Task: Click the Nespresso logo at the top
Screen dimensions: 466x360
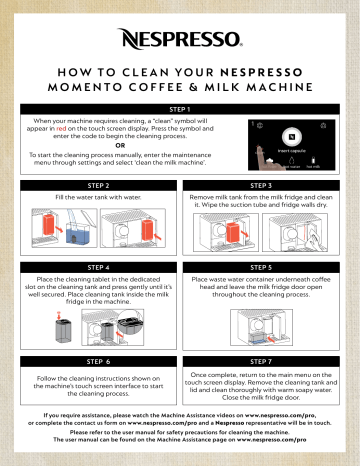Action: (180, 41)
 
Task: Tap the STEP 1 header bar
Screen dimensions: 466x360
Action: (180, 108)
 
